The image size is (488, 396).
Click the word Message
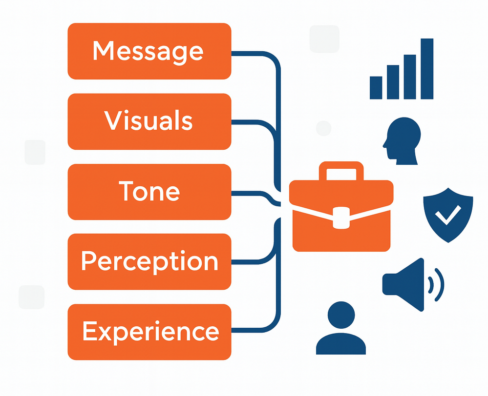(148, 51)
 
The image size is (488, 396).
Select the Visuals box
(149, 121)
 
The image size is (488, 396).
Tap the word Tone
(149, 192)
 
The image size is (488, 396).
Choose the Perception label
(149, 262)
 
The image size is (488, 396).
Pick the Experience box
(149, 332)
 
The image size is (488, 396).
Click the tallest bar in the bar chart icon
(427, 68)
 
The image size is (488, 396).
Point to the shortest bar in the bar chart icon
(376, 87)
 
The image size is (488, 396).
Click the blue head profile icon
(403, 142)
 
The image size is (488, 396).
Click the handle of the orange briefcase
(341, 171)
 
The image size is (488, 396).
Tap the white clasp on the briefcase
(341, 217)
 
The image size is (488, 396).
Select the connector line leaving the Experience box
(254, 331)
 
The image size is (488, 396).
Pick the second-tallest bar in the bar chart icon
(410, 77)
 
